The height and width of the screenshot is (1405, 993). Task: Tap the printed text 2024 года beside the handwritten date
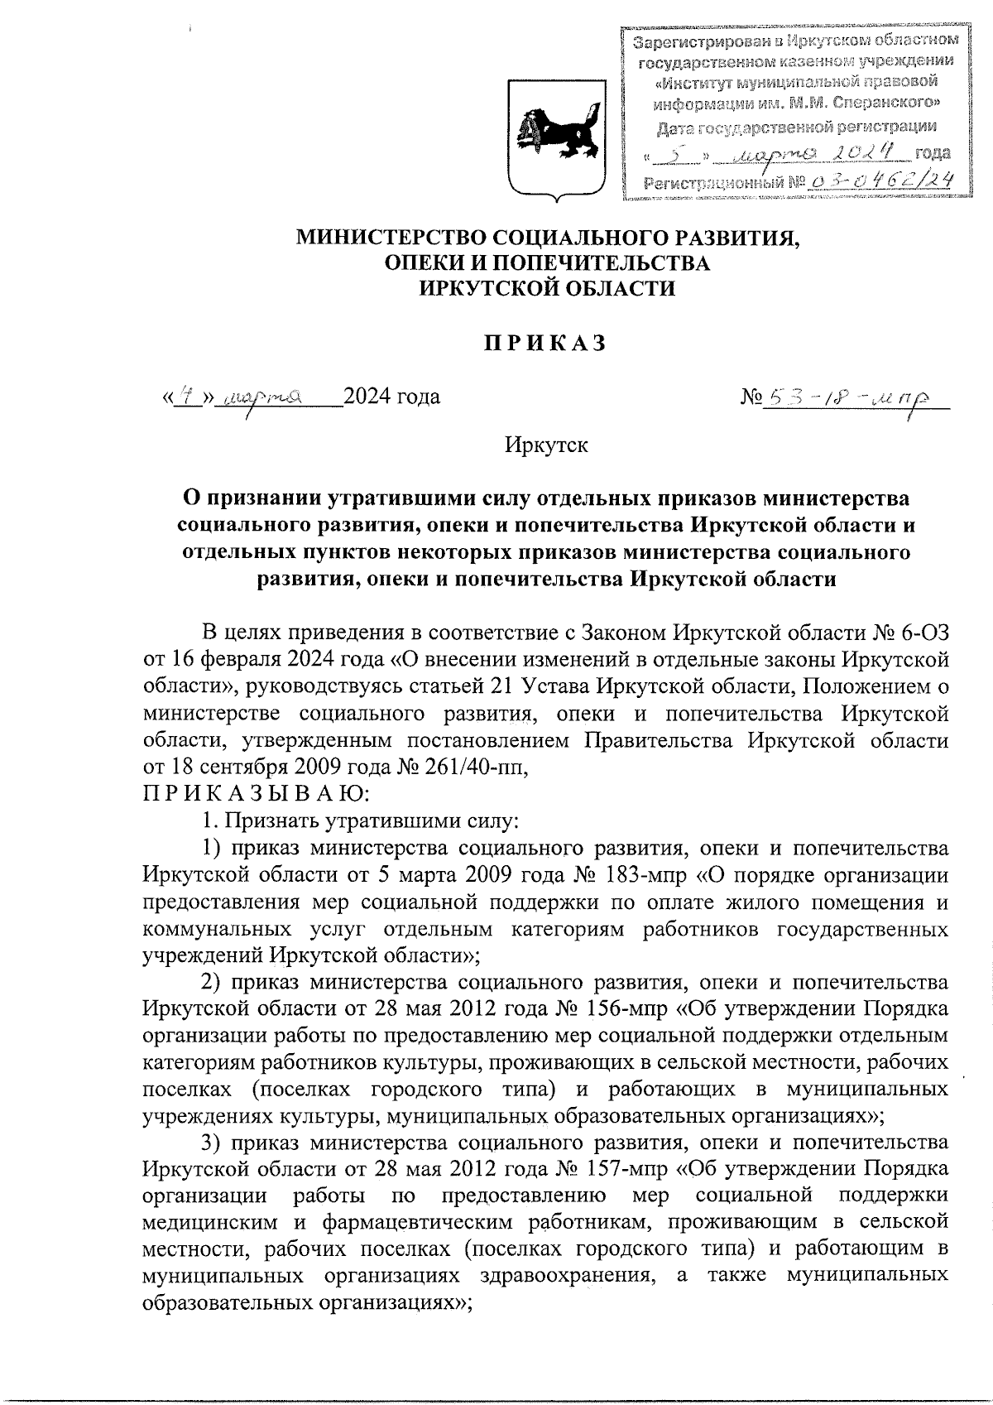coord(391,397)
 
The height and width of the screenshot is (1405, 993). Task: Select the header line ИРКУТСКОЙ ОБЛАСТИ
coord(546,288)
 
